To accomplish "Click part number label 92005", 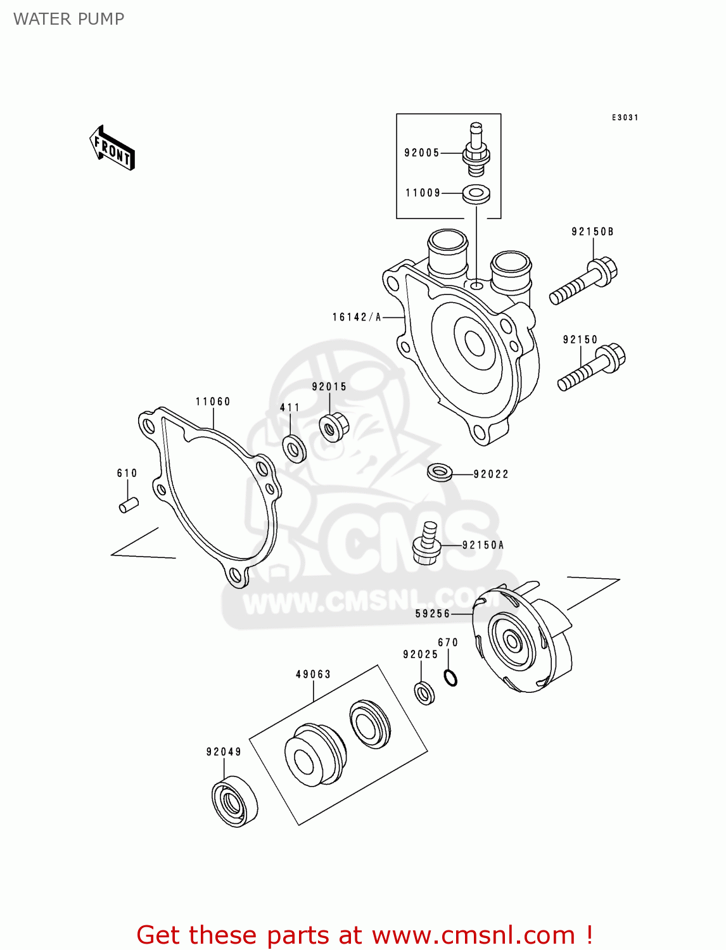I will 422,153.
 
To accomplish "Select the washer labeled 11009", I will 476,194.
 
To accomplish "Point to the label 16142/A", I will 357,317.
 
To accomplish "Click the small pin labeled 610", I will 129,505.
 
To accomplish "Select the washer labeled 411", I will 294,448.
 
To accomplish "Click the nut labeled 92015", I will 333,427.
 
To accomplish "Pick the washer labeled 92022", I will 440,472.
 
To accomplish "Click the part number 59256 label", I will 433,614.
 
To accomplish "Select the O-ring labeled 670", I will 450,678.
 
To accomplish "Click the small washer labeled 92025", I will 424,692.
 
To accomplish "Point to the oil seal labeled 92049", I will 234,801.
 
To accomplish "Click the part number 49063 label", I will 313,674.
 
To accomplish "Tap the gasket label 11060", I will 213,402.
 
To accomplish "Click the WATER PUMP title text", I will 69,19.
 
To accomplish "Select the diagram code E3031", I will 625,118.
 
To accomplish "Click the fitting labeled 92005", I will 476,150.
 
